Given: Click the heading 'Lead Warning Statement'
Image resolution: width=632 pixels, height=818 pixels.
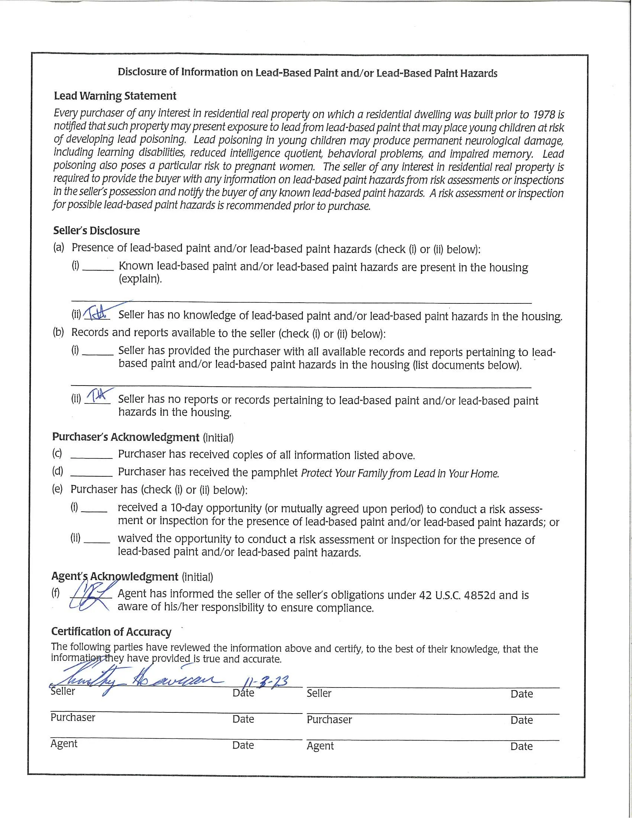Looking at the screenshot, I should pos(115,96).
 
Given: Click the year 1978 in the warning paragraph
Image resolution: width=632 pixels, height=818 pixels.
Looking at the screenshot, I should pos(544,114).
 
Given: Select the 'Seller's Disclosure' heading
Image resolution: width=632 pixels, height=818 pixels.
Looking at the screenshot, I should pos(96,231).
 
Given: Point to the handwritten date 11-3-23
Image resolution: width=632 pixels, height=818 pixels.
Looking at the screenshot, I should pos(266,681).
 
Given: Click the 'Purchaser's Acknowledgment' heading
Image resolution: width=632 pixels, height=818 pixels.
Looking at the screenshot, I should pos(125,437).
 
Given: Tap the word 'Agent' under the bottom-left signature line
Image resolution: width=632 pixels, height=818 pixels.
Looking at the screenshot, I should pos(64,744).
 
